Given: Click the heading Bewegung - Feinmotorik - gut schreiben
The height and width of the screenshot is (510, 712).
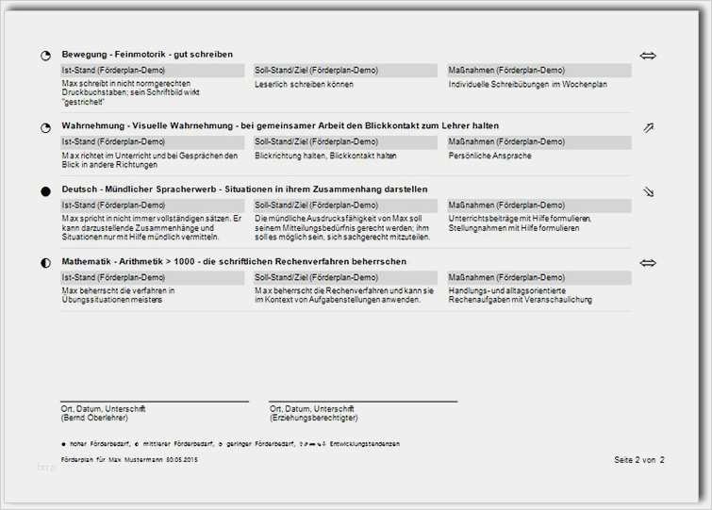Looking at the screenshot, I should (x=147, y=55).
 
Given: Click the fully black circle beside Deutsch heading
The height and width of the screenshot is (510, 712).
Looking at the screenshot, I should (x=45, y=191).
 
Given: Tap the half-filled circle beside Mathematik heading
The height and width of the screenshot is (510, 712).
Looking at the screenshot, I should (x=45, y=263).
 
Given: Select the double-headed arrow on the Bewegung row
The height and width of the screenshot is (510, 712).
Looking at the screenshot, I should (x=648, y=56).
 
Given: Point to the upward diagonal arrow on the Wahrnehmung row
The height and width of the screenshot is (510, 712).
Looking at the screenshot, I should (x=648, y=127).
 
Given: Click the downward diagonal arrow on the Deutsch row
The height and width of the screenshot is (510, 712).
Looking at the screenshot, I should (x=648, y=191).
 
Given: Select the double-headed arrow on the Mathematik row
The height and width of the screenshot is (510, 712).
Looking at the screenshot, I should (x=648, y=263).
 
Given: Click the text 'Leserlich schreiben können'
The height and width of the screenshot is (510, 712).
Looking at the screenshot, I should (x=304, y=84).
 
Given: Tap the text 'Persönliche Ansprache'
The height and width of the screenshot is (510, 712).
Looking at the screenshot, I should (x=489, y=155).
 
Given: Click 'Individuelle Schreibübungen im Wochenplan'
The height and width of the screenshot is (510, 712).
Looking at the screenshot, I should (x=527, y=84).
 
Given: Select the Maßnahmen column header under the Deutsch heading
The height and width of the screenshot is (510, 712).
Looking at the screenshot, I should (x=506, y=205).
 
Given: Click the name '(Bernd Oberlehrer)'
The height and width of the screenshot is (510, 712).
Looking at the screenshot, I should (x=93, y=417).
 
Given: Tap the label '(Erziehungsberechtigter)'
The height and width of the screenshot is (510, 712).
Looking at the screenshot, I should (x=313, y=417).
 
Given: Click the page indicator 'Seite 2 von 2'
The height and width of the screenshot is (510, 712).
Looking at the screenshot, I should (x=638, y=459).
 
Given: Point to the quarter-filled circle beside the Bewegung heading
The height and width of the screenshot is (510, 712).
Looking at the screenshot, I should (x=45, y=56).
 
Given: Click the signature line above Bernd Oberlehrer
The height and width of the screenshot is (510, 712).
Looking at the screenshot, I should (x=154, y=402).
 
